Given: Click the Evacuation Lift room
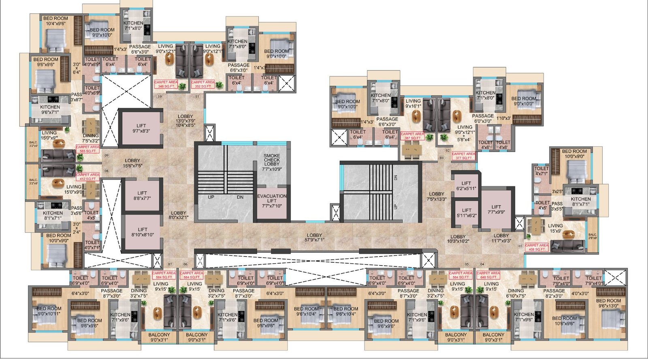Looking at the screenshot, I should pos(272,201).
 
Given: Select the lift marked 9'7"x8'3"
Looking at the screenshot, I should pos(141,128).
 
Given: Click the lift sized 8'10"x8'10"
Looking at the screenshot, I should pos(142,232).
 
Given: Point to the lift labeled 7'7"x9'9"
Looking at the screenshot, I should pos(496,209).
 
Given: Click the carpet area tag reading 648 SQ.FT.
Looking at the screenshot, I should pos(488,275).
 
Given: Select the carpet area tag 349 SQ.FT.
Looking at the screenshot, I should pos(166,84).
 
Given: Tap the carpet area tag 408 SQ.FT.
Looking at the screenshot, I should pos(537,247).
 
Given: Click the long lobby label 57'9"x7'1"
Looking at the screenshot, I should pos(314,237).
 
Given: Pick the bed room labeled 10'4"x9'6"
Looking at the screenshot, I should pos(55,21).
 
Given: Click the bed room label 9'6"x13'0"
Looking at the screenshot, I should pos(608,303).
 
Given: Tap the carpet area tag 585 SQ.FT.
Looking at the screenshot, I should pos(88,149).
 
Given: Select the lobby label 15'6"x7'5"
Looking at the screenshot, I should pos(132,163).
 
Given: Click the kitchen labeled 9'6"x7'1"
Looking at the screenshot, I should pos(50,110).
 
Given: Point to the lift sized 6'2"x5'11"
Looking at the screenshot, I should pos(466,186).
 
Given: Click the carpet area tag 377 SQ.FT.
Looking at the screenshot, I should pos(464,156).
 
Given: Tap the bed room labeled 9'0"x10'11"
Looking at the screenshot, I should pos(49,311).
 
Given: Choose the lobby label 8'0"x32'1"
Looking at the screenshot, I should pos(179,215).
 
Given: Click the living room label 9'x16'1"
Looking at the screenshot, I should pos(413,104).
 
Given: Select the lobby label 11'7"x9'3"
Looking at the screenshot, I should pos(501,238).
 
